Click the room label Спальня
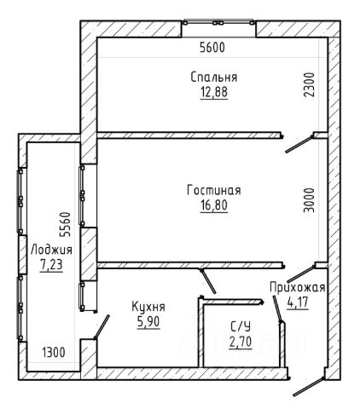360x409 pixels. click(x=214, y=77)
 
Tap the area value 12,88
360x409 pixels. click(x=214, y=92)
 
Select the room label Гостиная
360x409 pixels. click(x=214, y=190)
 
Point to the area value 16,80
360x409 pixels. click(x=214, y=205)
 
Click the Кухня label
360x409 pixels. click(x=148, y=307)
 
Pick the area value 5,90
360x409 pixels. click(x=148, y=322)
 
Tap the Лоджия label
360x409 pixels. click(x=51, y=250)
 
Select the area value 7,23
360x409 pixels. click(x=51, y=265)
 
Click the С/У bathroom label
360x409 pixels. click(x=241, y=327)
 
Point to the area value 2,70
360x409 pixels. click(x=241, y=343)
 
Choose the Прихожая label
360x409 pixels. click(x=298, y=287)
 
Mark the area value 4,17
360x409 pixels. click(x=298, y=302)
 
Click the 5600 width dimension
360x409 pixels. click(x=212, y=48)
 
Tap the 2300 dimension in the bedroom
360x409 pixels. click(x=310, y=85)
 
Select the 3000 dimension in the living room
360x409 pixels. click(x=310, y=200)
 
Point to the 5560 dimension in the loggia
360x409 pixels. click(x=65, y=224)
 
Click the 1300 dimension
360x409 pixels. click(x=54, y=353)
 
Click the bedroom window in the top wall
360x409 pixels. click(x=218, y=22)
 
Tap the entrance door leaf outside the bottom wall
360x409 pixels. click(x=309, y=387)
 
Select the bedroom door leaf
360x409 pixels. click(x=299, y=144)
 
